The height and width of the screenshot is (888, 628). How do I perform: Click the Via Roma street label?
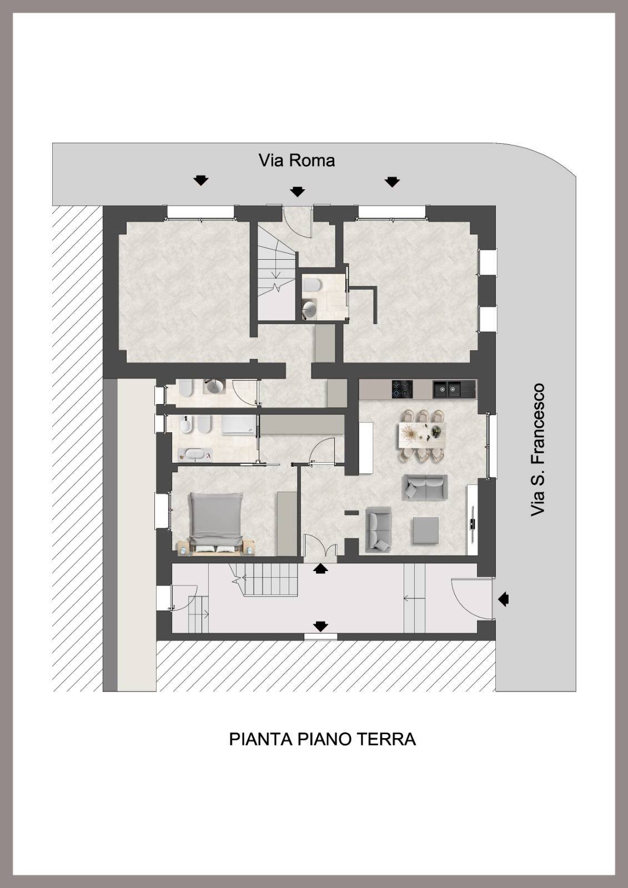point(297,160)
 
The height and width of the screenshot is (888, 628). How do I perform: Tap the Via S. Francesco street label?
point(537,450)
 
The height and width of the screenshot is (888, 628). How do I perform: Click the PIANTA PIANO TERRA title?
point(322,739)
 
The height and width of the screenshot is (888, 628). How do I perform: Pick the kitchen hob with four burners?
point(402,389)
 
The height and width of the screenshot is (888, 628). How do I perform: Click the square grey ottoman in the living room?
point(425,530)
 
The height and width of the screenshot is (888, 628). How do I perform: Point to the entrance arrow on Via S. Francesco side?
point(503,599)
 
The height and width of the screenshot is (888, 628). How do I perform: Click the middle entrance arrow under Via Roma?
point(298,191)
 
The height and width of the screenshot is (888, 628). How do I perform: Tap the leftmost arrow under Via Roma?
point(200,180)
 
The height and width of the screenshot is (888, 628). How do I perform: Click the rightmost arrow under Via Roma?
point(392,181)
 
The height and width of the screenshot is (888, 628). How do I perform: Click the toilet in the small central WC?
point(313,285)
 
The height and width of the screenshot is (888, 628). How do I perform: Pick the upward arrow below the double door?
point(320,568)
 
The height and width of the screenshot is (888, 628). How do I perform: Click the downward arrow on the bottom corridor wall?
point(320,626)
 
